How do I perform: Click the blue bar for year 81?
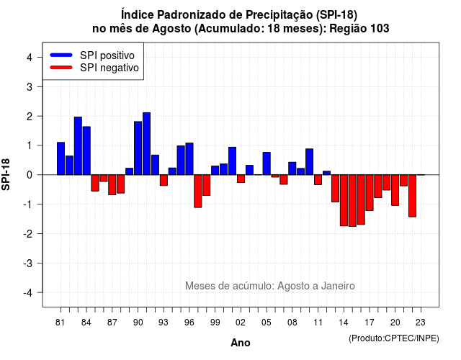61,158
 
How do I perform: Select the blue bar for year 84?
86,150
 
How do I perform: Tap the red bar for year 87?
112,185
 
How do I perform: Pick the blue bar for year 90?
138,148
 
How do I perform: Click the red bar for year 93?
164,180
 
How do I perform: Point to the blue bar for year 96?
189,159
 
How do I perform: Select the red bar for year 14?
344,200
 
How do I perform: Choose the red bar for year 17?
370,192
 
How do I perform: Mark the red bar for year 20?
395,190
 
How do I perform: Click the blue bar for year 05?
267,163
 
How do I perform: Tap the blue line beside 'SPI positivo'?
61,55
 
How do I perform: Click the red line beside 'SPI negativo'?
61,67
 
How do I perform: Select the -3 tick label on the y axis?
28,263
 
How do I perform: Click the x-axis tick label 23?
421,323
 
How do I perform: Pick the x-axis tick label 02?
241,323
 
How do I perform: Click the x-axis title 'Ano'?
241,343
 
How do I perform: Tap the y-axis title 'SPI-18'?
6,174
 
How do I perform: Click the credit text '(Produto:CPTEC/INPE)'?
394,338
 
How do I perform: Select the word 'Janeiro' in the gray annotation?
338,286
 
